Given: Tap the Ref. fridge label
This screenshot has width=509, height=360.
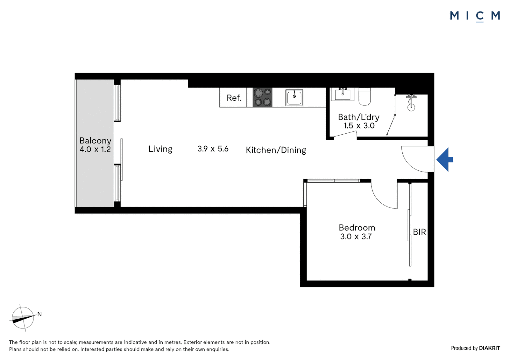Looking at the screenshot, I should (x=234, y=98).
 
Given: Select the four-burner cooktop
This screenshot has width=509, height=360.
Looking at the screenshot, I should (x=262, y=97).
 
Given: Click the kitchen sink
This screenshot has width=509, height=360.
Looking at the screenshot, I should (x=294, y=97).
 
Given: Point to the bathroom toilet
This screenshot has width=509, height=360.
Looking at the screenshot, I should (x=365, y=97).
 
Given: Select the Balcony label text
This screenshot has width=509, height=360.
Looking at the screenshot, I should (x=95, y=141).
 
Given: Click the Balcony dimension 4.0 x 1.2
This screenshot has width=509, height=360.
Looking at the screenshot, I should (x=95, y=150).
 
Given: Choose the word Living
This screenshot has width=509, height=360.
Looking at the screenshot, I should (x=160, y=149).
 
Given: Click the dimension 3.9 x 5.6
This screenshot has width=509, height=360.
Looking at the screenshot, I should (x=213, y=149).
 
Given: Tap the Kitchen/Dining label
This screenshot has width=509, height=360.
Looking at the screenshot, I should (x=276, y=150).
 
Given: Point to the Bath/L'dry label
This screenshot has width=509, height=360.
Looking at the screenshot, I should (x=359, y=117).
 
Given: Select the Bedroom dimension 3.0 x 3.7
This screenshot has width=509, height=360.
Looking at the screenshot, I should (x=356, y=237).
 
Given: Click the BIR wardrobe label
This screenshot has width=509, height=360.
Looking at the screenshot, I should (x=419, y=232).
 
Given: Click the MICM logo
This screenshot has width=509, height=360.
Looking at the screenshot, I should (x=475, y=16).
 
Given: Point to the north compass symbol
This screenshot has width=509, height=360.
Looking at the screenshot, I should (x=23, y=318).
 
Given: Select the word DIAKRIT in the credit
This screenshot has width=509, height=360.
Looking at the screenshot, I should (x=489, y=348).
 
